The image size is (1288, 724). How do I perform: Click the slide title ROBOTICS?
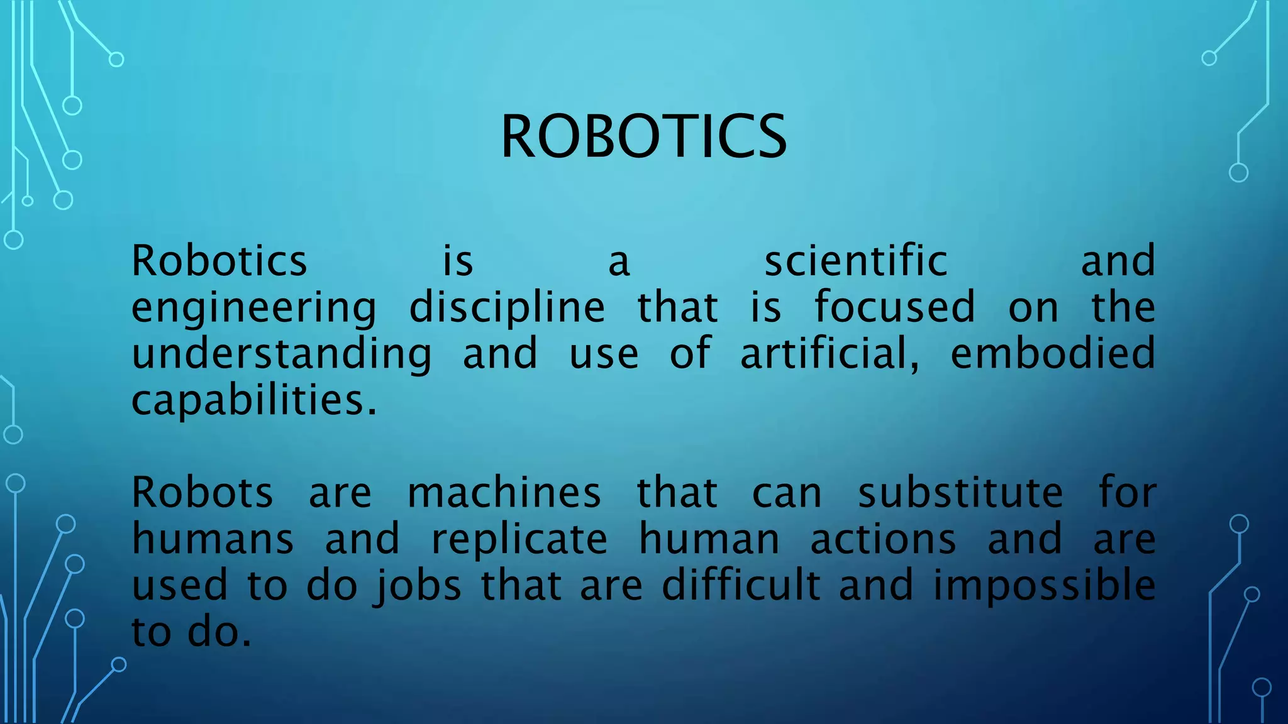[x=643, y=136]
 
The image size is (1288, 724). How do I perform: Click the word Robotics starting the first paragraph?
[x=219, y=261]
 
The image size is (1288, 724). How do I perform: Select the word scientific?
[x=855, y=261]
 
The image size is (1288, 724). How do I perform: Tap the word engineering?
[x=253, y=308]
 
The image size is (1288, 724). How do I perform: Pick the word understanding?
[x=282, y=354]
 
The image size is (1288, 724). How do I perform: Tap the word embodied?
[x=1053, y=353]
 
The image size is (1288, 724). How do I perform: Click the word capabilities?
[x=253, y=400]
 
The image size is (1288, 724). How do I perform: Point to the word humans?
[x=213, y=539]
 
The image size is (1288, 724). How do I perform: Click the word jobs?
[x=418, y=586]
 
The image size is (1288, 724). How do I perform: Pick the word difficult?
[x=741, y=585]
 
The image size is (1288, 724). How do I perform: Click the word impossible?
[x=1044, y=586]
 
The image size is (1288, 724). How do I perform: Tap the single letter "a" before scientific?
[x=619, y=262]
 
